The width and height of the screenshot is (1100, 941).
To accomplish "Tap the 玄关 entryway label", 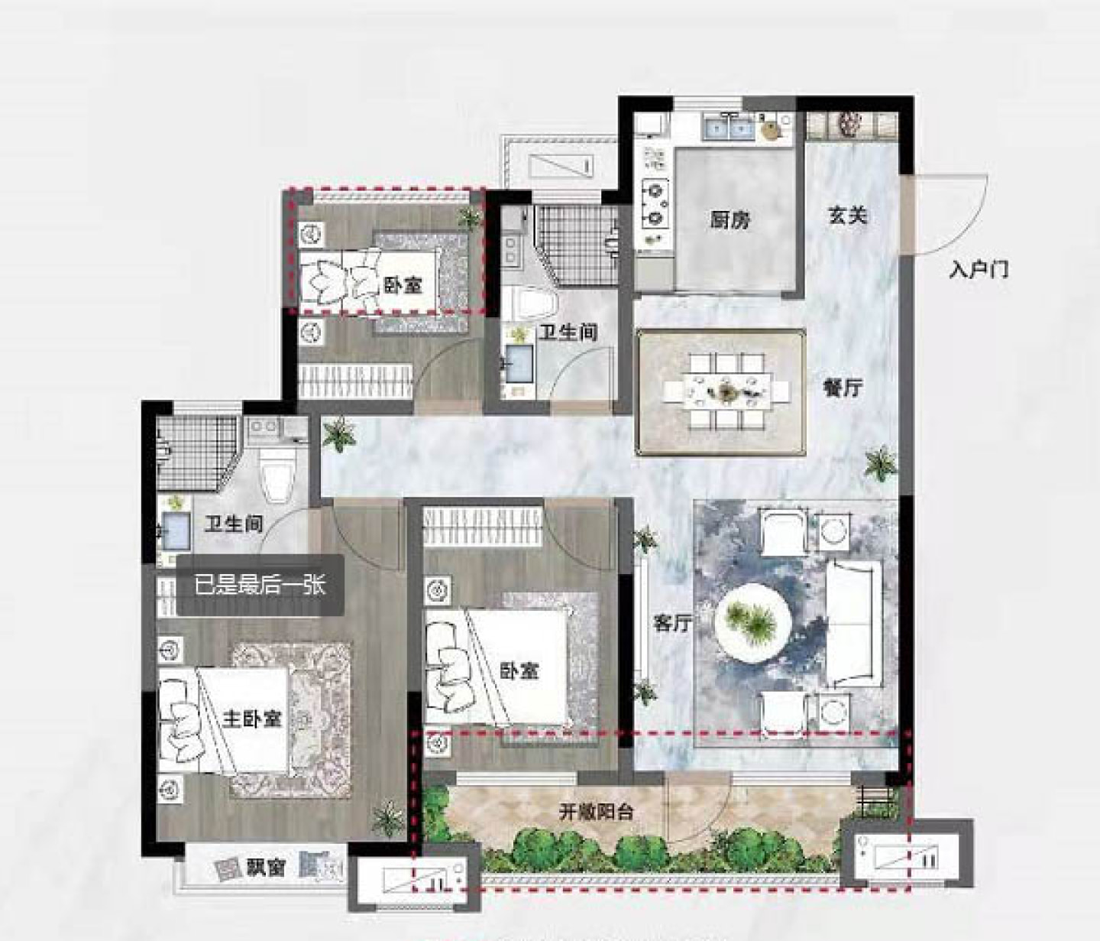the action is click(847, 215).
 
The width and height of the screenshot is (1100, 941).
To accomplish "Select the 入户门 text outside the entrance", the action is click(979, 271).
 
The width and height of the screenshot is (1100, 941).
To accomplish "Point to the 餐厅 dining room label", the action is click(843, 388).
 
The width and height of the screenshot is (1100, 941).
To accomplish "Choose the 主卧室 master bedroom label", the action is click(252, 719).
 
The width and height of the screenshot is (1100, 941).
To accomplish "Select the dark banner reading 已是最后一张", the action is click(260, 586).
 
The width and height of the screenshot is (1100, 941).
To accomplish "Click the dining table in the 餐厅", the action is click(727, 392).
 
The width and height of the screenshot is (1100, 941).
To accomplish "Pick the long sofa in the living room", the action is click(853, 624).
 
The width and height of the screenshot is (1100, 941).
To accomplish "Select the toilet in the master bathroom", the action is click(278, 476).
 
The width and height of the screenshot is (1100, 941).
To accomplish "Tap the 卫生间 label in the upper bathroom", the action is click(568, 333).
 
